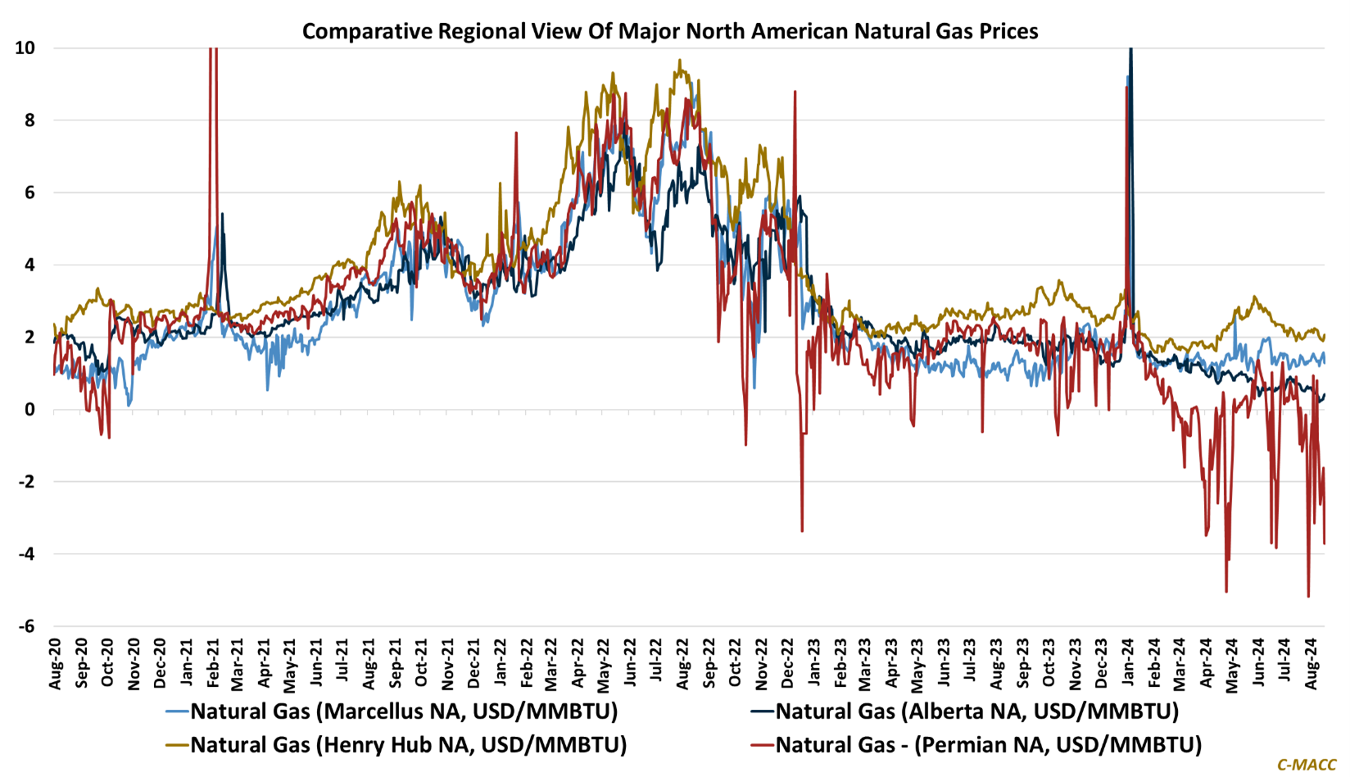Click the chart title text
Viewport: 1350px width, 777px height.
pyautogui.click(x=670, y=31)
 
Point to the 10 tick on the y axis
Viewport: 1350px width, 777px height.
pyautogui.click(x=25, y=48)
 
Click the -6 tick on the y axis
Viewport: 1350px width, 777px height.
pyautogui.click(x=25, y=626)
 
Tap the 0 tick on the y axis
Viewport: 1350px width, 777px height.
pyautogui.click(x=30, y=410)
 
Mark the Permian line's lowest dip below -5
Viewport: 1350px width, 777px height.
pyautogui.click(x=1308, y=596)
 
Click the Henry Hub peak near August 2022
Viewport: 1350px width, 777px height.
pyautogui.click(x=679, y=60)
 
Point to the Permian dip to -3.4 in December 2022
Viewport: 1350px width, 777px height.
pyautogui.click(x=802, y=531)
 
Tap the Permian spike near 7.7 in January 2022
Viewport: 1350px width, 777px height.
pyautogui.click(x=516, y=133)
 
